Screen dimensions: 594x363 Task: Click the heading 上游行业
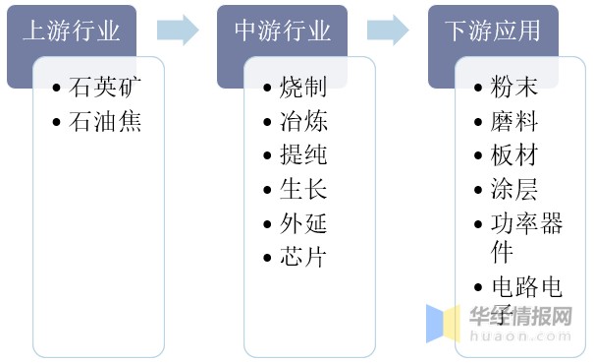tap(72, 30)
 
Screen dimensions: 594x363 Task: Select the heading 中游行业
tap(283, 30)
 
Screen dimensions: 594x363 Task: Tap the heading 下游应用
tap(493, 30)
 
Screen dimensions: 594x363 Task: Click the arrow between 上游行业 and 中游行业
tap(178, 30)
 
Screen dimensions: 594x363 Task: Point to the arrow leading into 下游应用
tap(388, 30)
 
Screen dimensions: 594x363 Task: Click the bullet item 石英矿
tap(105, 87)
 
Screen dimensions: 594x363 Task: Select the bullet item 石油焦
tap(105, 122)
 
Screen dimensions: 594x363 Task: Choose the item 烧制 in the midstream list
tap(303, 87)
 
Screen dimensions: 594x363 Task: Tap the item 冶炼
tap(303, 121)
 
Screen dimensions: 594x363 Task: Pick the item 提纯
tap(303, 154)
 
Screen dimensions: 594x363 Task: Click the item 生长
tap(303, 189)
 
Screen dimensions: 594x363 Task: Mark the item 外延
tap(303, 223)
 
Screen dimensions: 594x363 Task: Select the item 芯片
tap(303, 257)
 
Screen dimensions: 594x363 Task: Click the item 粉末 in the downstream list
tap(514, 87)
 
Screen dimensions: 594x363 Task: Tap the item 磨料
tap(514, 121)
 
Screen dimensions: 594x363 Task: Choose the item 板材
tap(514, 154)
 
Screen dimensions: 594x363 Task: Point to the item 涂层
tap(514, 189)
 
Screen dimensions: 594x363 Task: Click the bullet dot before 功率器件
tap(478, 224)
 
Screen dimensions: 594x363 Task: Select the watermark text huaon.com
tap(520, 336)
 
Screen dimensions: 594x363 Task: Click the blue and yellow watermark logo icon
tap(443, 324)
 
